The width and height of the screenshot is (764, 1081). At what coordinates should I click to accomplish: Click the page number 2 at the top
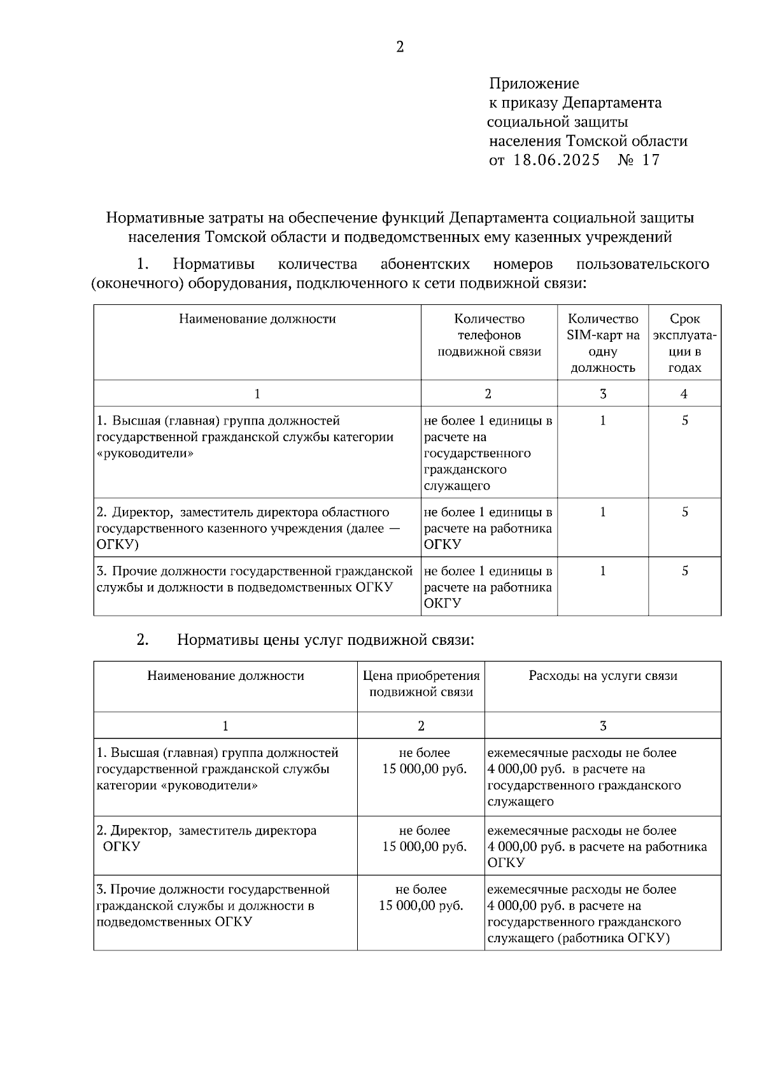400,47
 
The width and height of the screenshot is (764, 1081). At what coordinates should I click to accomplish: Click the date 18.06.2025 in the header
556,160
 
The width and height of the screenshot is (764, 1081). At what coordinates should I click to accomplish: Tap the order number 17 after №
651,160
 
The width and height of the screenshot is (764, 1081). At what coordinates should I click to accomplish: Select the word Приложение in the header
534,83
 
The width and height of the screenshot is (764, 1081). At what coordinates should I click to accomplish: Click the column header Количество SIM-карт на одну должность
602,343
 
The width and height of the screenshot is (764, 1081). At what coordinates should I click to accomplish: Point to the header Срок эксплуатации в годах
684,343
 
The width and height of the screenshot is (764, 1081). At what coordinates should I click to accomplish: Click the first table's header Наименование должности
257,319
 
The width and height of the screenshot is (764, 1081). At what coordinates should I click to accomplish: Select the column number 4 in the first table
684,394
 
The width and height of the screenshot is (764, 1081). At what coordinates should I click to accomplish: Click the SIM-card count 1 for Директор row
602,512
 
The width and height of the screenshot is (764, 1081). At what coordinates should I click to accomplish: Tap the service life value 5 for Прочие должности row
684,571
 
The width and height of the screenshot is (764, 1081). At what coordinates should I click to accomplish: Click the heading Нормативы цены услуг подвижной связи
325,640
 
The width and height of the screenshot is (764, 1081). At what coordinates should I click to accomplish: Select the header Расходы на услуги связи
602,676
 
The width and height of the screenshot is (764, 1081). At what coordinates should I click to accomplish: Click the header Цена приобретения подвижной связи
421,684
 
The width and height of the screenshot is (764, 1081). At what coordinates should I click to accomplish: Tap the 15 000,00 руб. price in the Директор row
424,847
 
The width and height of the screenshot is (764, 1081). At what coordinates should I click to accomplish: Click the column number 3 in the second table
602,726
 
